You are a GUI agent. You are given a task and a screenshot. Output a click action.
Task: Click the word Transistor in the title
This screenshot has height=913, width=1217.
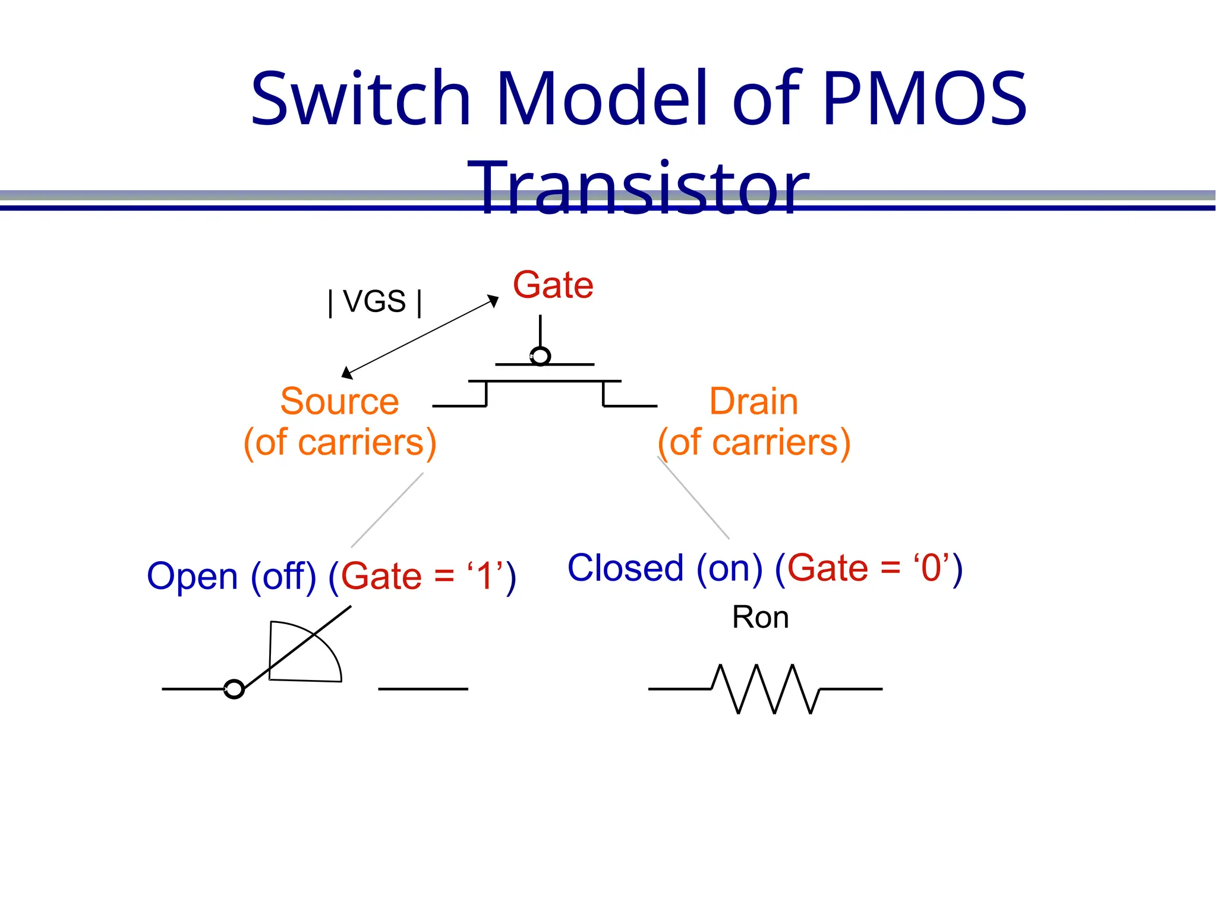[x=638, y=189]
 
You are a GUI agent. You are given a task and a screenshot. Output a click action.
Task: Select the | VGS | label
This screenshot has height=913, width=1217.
[x=375, y=301]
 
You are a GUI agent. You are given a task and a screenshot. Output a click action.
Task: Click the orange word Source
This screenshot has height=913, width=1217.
[x=339, y=401]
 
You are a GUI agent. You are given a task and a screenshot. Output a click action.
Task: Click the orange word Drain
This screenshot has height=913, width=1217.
[x=753, y=401]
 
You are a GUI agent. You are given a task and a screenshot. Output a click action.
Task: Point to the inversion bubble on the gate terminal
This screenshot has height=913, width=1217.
[x=540, y=356]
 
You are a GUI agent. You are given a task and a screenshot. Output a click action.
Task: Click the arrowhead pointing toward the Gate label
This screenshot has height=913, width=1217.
[x=493, y=301]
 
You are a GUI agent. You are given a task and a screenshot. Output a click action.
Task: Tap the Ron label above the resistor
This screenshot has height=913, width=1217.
[x=760, y=617]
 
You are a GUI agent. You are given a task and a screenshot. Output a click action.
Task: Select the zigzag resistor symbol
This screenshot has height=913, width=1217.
[x=765, y=689]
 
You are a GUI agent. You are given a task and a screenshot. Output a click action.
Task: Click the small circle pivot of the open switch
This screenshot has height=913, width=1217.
[x=234, y=689]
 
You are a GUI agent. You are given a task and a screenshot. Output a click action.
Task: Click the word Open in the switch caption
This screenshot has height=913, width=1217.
[x=192, y=576]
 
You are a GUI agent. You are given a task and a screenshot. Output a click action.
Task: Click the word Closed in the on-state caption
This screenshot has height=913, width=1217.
[x=625, y=568]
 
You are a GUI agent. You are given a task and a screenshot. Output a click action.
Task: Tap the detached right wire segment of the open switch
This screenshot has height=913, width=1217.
[x=423, y=689]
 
